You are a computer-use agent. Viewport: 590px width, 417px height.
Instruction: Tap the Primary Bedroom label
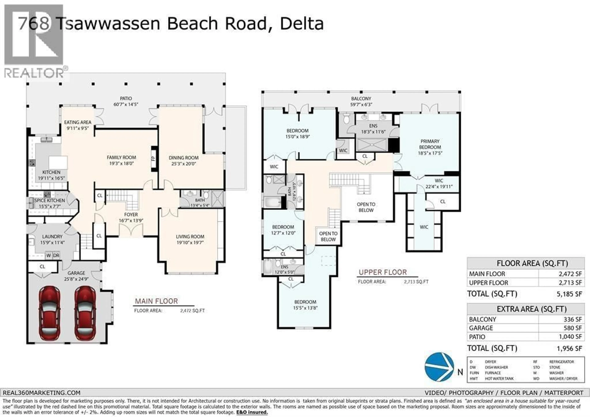[430, 144]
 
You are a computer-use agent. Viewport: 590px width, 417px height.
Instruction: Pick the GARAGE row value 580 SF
[572, 328]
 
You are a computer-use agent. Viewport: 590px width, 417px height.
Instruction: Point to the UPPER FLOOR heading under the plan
[383, 272]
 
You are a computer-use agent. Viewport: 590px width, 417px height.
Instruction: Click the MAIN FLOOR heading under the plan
[156, 301]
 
